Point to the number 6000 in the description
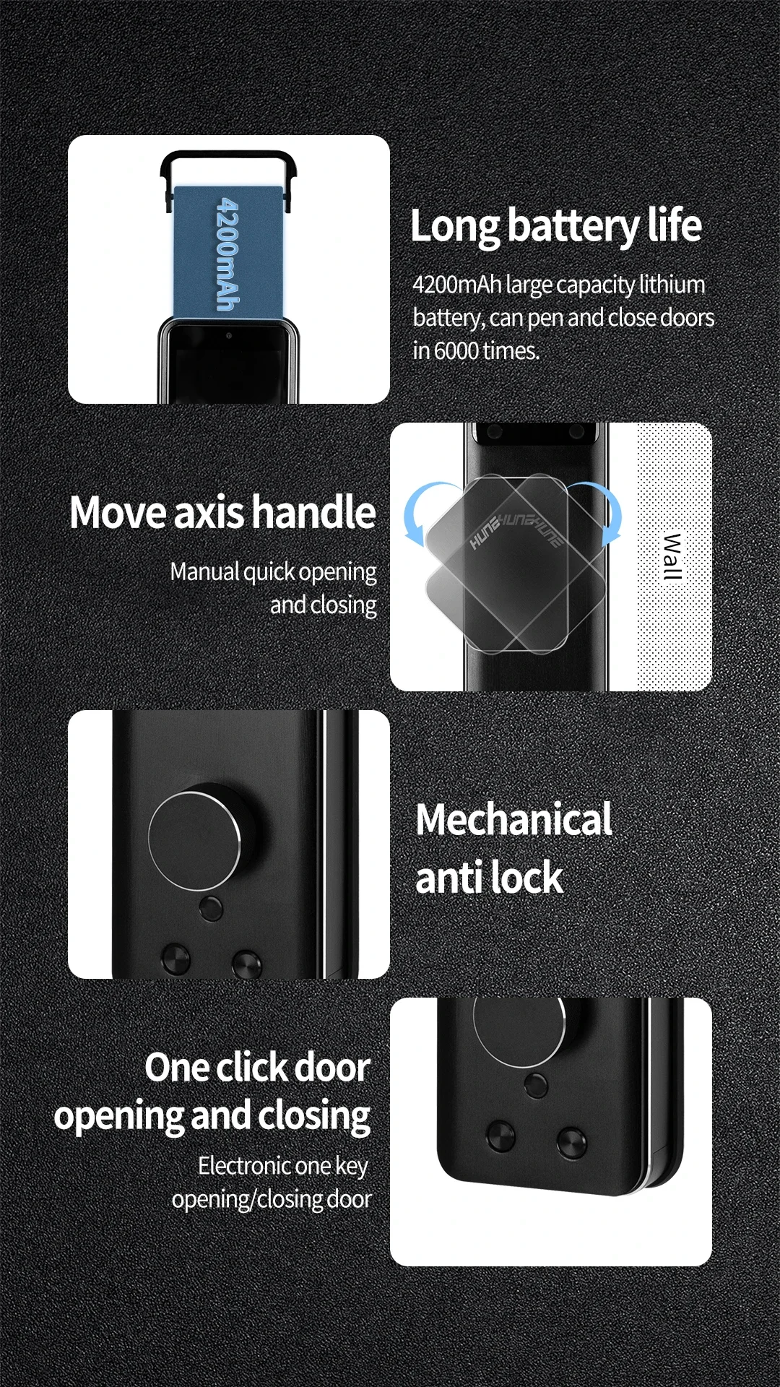pos(456,351)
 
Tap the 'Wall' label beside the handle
pos(672,556)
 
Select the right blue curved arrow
pos(605,513)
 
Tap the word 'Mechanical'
pos(513,820)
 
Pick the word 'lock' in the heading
pos(528,878)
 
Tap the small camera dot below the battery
pos(228,336)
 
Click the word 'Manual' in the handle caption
pos(204,572)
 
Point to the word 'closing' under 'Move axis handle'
pos(343,605)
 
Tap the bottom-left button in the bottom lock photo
pos(500,1136)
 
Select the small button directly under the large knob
pos(211,908)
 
